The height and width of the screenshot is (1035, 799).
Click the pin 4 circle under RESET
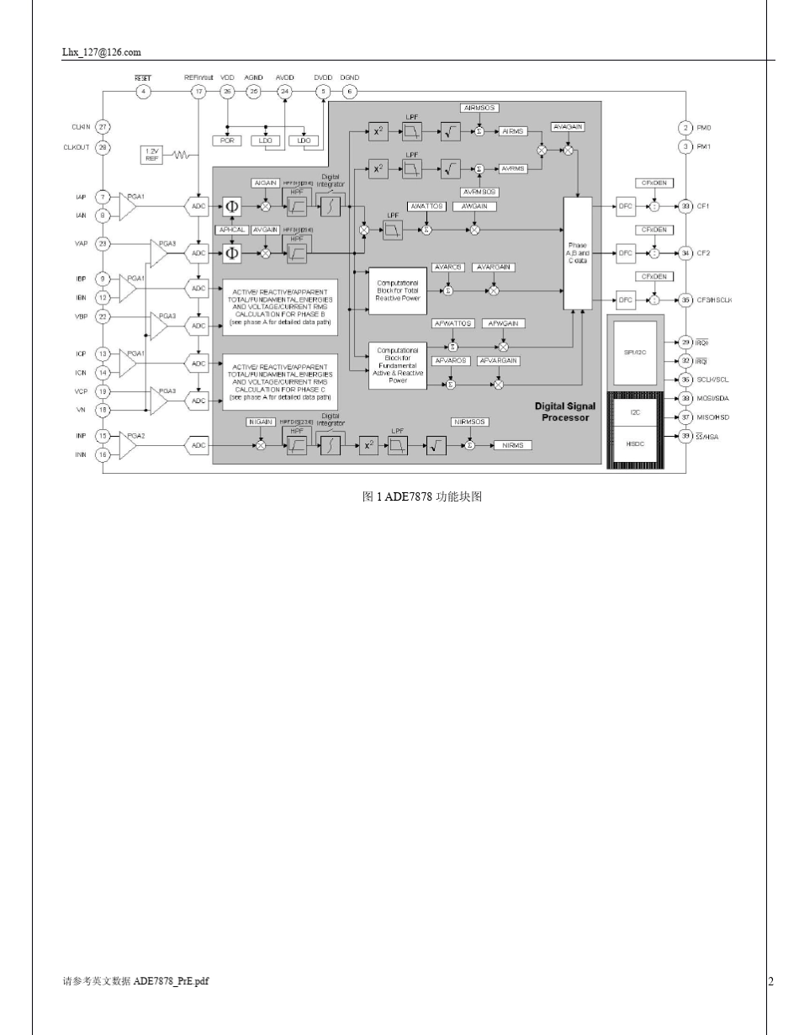[144, 92]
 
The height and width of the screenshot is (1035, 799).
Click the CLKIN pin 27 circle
[103, 127]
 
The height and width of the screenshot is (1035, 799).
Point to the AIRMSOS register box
[480, 109]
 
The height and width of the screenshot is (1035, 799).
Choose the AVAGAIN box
[569, 126]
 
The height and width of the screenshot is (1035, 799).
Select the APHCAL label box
[232, 229]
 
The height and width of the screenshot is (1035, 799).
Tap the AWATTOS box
[426, 206]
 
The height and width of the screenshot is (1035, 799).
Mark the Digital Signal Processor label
[565, 411]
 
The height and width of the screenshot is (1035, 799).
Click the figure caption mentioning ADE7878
[421, 496]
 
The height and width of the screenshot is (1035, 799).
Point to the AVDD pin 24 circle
[285, 92]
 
